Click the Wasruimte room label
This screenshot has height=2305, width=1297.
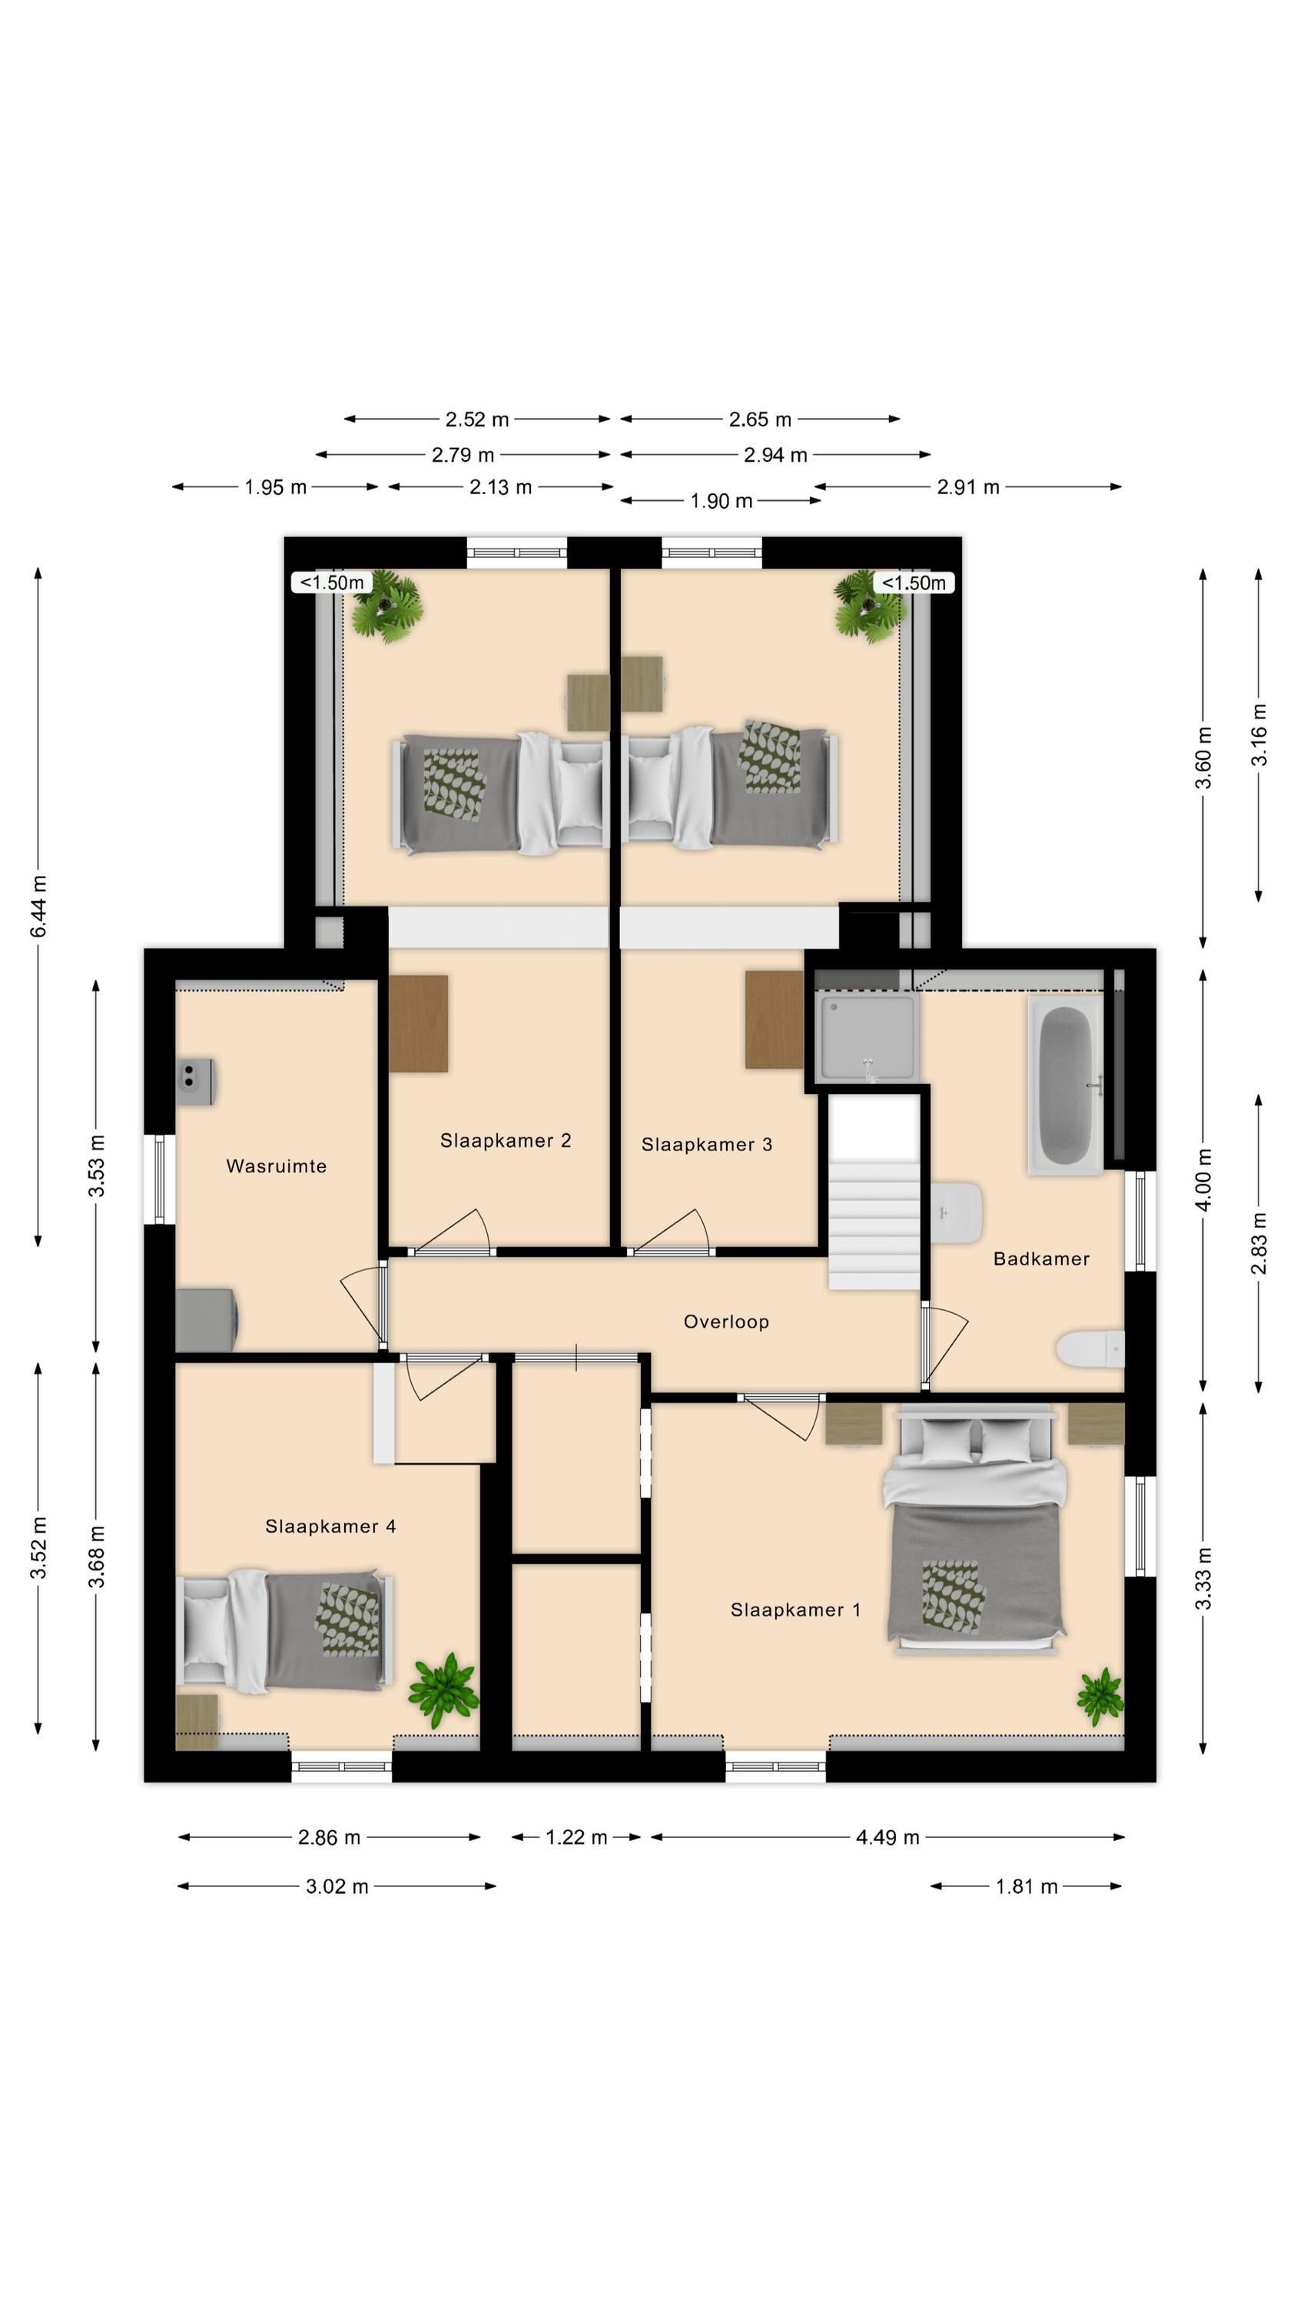click(x=276, y=1166)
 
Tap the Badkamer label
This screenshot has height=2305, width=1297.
click(x=1041, y=1259)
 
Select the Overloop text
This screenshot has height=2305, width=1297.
click(x=726, y=1322)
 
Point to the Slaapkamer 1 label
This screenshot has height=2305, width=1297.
click(x=796, y=1610)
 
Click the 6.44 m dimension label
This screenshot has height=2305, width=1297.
click(x=38, y=907)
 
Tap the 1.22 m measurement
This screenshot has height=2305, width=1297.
click(x=576, y=1837)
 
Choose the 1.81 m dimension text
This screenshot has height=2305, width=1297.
click(x=1026, y=1886)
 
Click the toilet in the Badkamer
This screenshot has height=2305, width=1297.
click(x=1090, y=1350)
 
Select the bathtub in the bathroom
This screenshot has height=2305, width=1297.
click(x=1065, y=1086)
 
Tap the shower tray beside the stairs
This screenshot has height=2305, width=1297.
click(x=867, y=1037)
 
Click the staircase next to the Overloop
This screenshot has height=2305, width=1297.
click(x=873, y=1192)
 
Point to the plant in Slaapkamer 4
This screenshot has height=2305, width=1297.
click(x=443, y=1690)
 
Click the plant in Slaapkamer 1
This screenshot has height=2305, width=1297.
click(x=1100, y=1696)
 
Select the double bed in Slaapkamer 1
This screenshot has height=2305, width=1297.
click(x=975, y=1528)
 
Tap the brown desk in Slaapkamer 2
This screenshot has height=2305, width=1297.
click(x=418, y=1023)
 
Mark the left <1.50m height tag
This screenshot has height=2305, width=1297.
click(x=331, y=582)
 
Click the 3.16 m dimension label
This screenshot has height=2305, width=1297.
click(x=1259, y=735)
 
